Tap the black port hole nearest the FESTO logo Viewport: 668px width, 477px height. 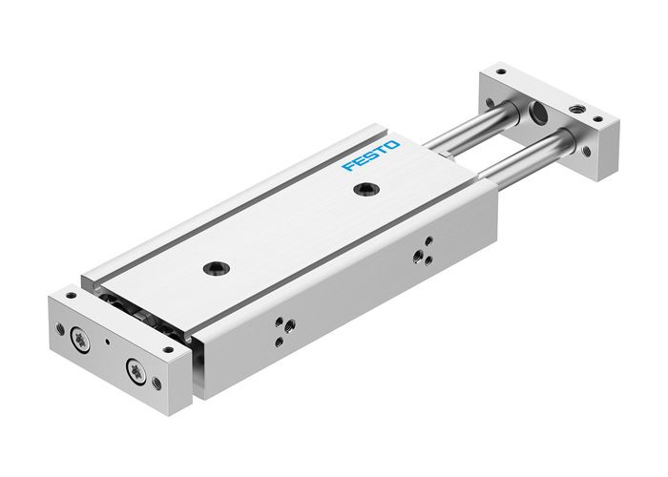pyautogui.click(x=363, y=191)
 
